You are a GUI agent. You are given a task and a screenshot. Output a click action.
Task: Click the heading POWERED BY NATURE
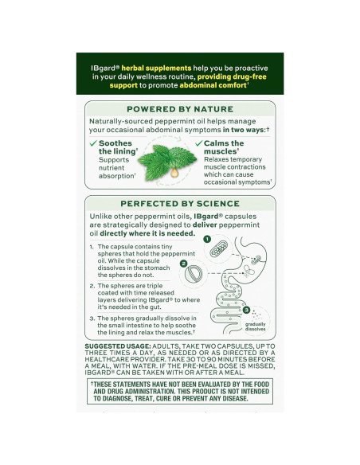pyautogui.click(x=179, y=108)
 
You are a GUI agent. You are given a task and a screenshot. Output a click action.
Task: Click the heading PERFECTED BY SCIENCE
pyautogui.click(x=179, y=204)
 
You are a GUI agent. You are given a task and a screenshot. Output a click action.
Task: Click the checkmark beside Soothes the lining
pyautogui.click(x=93, y=143)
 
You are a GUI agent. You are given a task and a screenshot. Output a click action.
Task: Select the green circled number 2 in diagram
pyautogui.click(x=183, y=264)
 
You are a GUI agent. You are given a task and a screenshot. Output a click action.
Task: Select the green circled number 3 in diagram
pyautogui.click(x=247, y=309)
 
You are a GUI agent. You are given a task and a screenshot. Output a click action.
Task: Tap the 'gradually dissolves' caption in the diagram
pyautogui.click(x=256, y=327)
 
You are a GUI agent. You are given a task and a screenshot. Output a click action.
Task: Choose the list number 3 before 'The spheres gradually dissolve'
pyautogui.click(x=92, y=318)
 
